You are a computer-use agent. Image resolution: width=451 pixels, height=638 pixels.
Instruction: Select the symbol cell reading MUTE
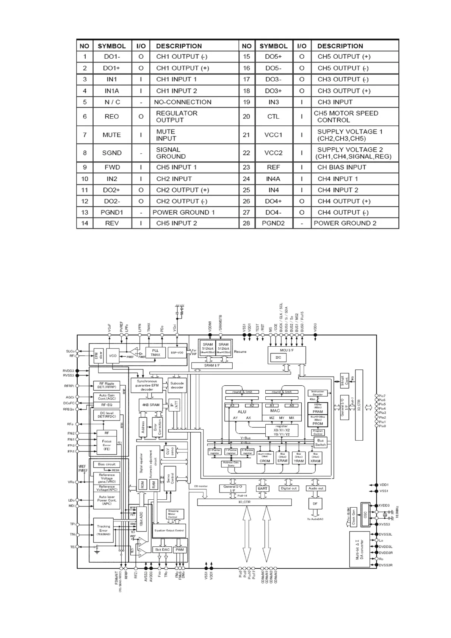(111, 135)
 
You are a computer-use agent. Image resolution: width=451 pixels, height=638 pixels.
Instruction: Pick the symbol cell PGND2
(273, 223)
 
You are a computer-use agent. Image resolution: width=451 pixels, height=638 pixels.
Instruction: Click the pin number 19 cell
(246, 102)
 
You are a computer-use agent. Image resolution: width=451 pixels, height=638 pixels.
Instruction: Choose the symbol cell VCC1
(273, 135)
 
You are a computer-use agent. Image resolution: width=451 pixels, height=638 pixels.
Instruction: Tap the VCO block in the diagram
(113, 356)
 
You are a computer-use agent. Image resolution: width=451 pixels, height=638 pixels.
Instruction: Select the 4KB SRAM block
(150, 405)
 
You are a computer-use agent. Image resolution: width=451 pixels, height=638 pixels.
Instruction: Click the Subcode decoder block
(177, 385)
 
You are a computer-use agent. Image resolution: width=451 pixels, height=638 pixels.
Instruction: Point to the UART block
(263, 488)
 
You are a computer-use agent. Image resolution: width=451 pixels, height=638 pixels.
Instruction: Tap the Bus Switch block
(321, 443)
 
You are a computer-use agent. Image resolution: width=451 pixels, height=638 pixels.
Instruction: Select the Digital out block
(288, 488)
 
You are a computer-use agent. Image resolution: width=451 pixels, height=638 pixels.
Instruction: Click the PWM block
(180, 550)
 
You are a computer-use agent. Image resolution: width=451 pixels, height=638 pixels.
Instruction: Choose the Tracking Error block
(103, 530)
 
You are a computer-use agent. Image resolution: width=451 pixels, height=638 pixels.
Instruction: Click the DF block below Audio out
(315, 504)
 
